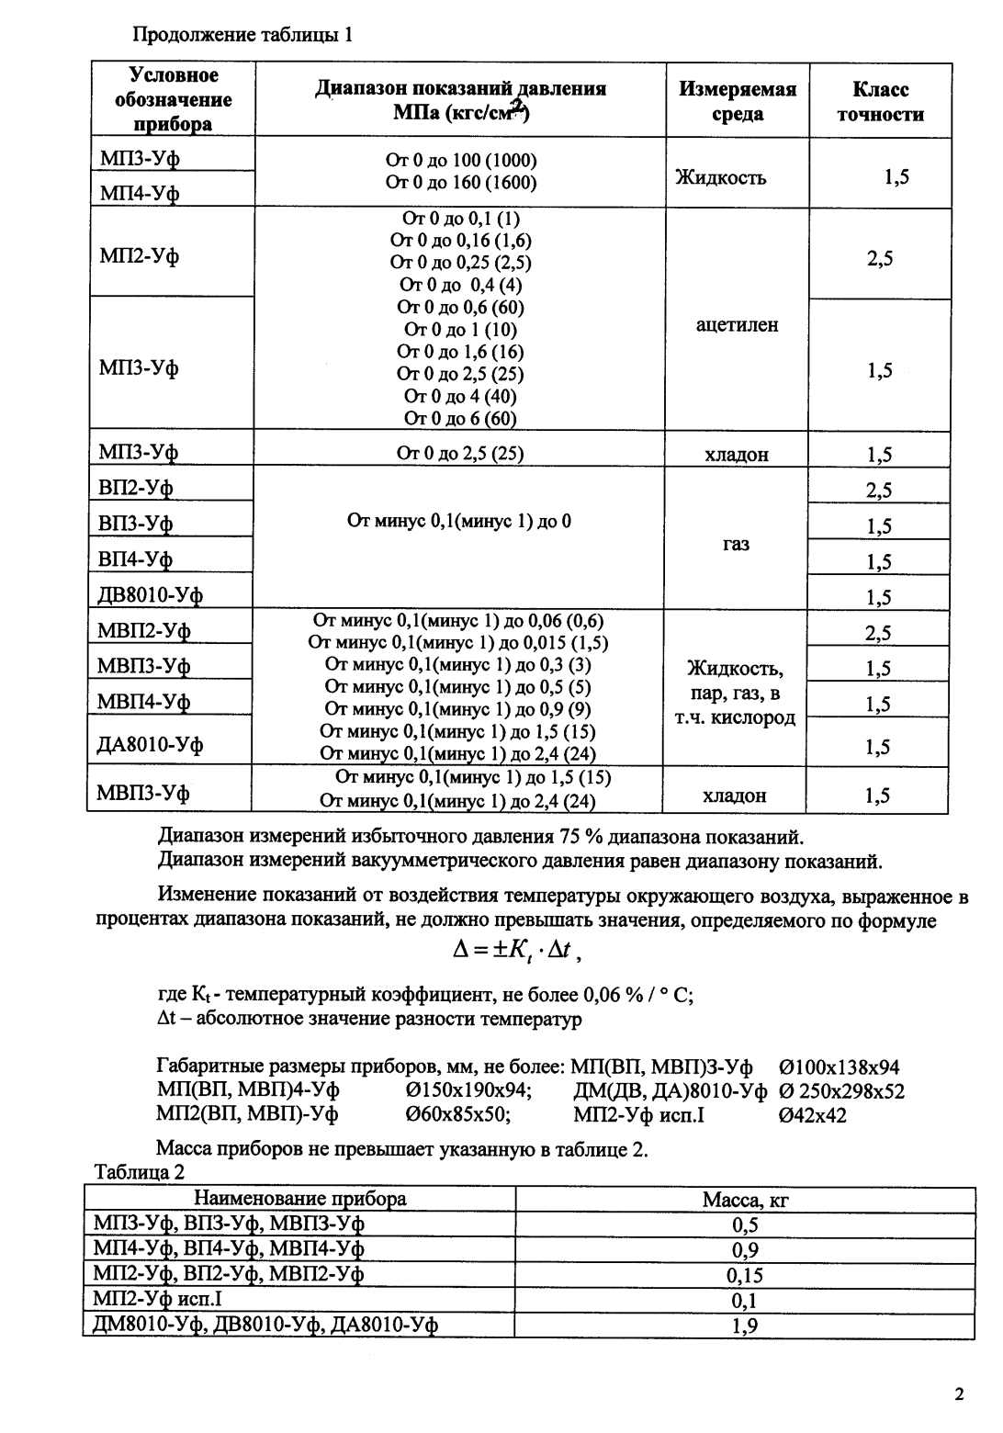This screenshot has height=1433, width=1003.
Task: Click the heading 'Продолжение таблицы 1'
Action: pos(242,36)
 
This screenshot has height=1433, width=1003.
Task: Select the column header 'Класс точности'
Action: pos(879,101)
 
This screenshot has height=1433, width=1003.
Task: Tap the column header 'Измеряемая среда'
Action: pos(737,101)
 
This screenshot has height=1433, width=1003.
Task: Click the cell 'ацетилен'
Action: pos(737,324)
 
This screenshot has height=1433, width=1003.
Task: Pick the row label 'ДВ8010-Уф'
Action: pos(150,594)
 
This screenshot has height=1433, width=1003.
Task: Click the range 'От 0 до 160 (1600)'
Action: pos(460,182)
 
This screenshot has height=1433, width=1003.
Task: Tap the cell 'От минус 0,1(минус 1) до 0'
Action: pos(459,521)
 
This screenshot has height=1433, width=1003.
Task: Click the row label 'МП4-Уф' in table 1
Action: pos(140,192)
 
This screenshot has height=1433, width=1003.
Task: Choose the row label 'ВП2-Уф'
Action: pos(136,487)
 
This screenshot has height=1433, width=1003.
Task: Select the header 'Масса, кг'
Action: pos(745,1199)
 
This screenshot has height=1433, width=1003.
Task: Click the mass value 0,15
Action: pos(744,1275)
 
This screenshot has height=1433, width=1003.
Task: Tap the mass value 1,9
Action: pos(744,1326)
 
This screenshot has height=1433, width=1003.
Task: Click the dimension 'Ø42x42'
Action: pos(812,1115)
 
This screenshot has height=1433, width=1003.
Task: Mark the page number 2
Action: pos(959,1394)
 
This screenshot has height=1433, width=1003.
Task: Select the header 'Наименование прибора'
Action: pos(299,1199)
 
